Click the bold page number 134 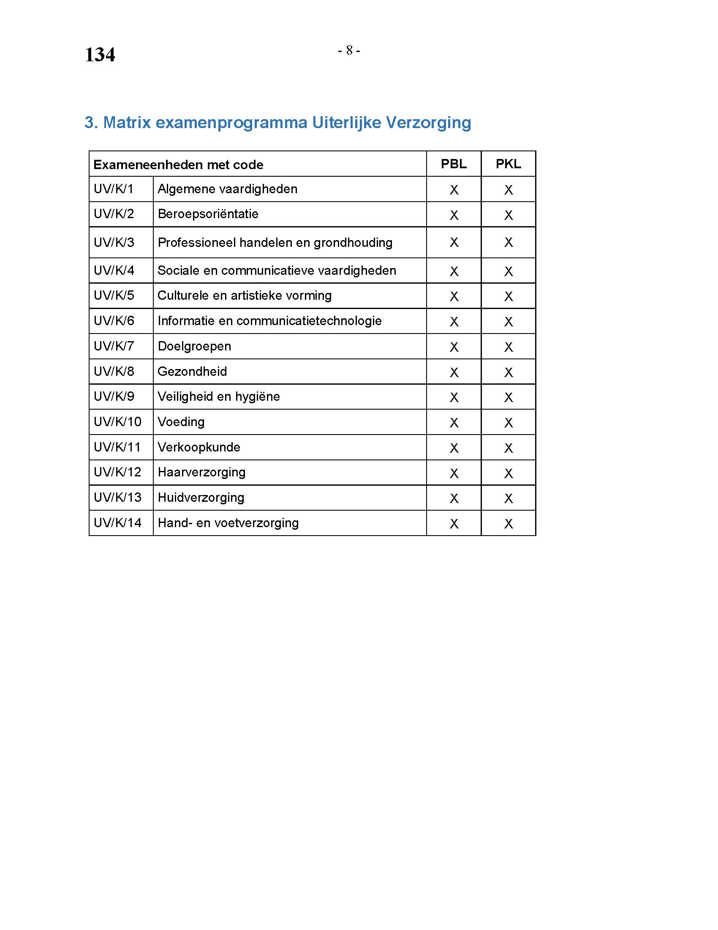(100, 55)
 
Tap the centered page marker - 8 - (349, 51)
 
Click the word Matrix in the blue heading (127, 123)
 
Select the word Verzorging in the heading (428, 123)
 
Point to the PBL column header (454, 164)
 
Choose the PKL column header (508, 164)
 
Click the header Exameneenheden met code (178, 165)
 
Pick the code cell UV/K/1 (114, 189)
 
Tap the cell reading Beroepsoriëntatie (208, 214)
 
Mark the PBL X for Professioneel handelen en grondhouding (454, 242)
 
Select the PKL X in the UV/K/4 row (508, 271)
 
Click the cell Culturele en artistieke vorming (245, 295)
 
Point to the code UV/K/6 (114, 321)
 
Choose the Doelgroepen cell (194, 346)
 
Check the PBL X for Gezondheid (454, 372)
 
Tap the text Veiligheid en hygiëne (219, 397)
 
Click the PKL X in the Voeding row (508, 423)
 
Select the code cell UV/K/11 (117, 447)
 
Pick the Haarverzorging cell (201, 472)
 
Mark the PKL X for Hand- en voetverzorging (508, 524)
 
